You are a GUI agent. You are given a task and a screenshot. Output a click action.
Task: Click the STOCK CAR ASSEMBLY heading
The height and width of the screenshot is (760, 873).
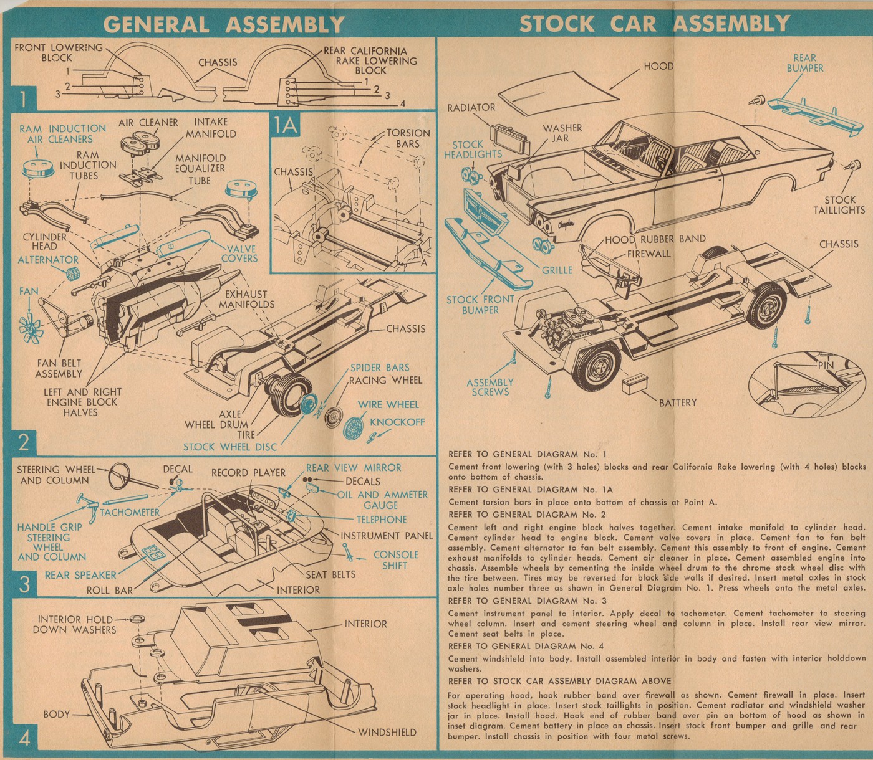point(655,24)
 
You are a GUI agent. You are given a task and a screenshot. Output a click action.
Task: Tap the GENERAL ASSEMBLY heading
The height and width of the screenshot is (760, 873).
point(224,24)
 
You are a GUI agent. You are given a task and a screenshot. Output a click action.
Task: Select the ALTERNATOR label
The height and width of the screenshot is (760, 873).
point(48,260)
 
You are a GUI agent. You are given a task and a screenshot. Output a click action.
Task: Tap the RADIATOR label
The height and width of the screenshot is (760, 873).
point(471,107)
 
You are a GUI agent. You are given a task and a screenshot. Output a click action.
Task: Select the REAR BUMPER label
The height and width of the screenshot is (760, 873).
point(804,62)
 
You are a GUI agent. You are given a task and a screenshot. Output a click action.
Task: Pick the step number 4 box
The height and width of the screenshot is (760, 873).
point(24,739)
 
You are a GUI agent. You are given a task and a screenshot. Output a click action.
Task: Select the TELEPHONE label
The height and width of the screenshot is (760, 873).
point(381,519)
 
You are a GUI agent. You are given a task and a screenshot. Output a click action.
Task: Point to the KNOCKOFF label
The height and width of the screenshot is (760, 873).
point(397,422)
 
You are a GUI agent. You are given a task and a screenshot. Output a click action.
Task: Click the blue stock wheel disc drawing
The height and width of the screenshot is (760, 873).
point(307,408)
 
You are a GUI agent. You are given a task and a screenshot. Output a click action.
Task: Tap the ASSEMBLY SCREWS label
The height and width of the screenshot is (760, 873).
point(490,387)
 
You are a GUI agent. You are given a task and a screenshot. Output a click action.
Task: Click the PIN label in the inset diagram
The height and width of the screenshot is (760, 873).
point(826,365)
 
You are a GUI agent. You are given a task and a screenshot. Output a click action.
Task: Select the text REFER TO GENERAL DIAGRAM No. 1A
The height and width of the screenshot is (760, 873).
point(531,490)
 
